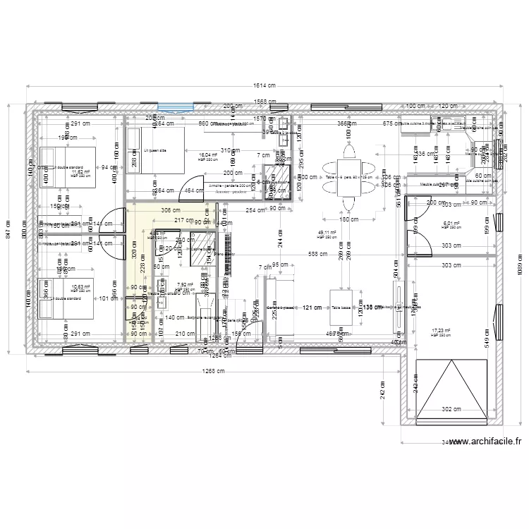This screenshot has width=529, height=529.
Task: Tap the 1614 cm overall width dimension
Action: pos(264,87)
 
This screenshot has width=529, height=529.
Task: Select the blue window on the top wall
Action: pos(175,108)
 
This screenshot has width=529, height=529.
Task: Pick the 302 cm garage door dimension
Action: pos(451,409)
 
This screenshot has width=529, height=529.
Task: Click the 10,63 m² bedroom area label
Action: pos(81,288)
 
